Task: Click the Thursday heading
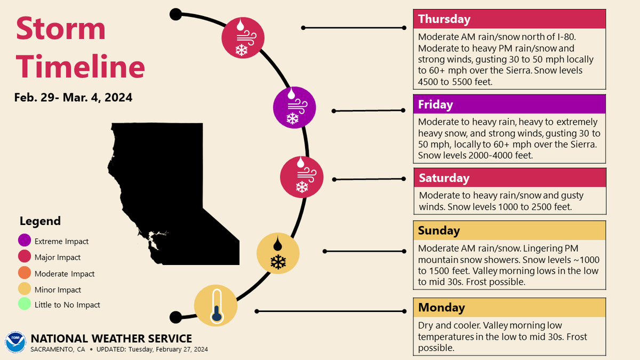pyautogui.click(x=444, y=19)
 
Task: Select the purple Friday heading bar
pyautogui.click(x=509, y=104)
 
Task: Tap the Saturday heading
pyautogui.click(x=444, y=178)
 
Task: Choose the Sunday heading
pyautogui.click(x=439, y=230)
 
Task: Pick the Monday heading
pyautogui.click(x=442, y=307)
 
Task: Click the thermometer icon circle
pyautogui.click(x=215, y=306)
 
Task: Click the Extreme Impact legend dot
pyautogui.click(x=24, y=241)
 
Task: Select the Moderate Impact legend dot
pyautogui.click(x=24, y=274)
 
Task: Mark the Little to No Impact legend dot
pyautogui.click(x=24, y=305)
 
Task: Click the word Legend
pyautogui.click(x=40, y=221)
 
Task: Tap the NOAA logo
pyautogui.click(x=15, y=342)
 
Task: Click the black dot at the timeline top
pyautogui.click(x=175, y=14)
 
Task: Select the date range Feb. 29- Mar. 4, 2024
pyautogui.click(x=74, y=98)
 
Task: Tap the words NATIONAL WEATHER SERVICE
pyautogui.click(x=111, y=339)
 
